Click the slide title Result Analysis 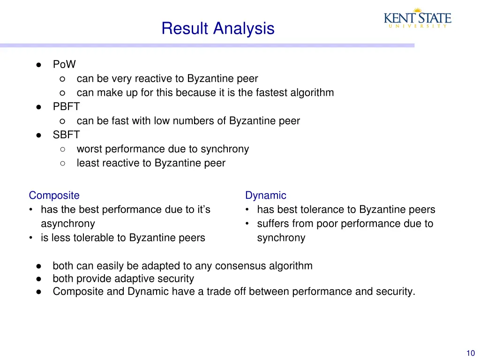click(217, 29)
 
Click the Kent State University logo click(418, 18)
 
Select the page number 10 click(471, 353)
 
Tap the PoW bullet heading click(64, 64)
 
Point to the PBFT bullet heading click(66, 106)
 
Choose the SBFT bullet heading click(66, 135)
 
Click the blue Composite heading click(54, 195)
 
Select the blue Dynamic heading click(265, 195)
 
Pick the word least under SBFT click(88, 163)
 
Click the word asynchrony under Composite click(67, 224)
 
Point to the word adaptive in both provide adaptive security click(134, 279)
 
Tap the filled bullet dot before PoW click(39, 65)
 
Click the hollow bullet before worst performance click(63, 149)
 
